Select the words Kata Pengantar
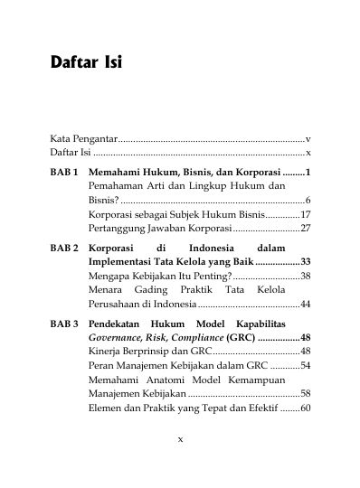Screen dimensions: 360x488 pos(83,139)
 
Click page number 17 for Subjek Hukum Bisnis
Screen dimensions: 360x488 pos(306,214)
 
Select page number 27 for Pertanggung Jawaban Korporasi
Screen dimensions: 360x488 pos(306,229)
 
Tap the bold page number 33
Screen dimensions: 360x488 pos(306,259)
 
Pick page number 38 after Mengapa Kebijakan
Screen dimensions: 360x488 pos(306,274)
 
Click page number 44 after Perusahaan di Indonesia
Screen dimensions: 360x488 pos(306,304)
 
